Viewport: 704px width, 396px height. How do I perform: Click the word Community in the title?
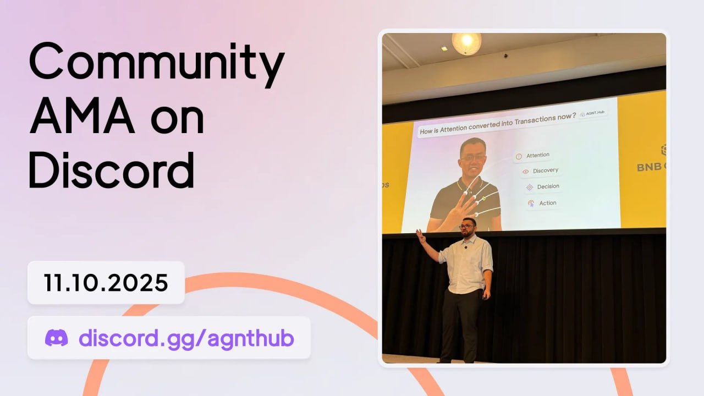pyautogui.click(x=157, y=64)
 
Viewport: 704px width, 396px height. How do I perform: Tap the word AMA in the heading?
pyautogui.click(x=82, y=116)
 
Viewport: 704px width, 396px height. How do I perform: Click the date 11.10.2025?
pyautogui.click(x=106, y=283)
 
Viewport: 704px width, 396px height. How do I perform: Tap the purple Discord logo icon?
pyautogui.click(x=57, y=338)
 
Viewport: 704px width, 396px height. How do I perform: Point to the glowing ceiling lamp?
pyautogui.click(x=466, y=43)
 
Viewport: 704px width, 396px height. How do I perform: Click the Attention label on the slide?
pyautogui.click(x=538, y=155)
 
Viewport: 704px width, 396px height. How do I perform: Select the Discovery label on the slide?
pyautogui.click(x=546, y=170)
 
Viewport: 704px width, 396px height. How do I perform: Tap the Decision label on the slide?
pyautogui.click(x=548, y=186)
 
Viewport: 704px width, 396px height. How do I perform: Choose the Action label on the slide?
pyautogui.click(x=548, y=203)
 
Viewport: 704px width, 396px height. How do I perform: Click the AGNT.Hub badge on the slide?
pyautogui.click(x=592, y=113)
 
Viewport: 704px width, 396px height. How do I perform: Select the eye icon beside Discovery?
pyautogui.click(x=525, y=172)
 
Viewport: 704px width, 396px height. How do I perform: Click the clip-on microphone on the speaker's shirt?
pyautogui.click(x=466, y=248)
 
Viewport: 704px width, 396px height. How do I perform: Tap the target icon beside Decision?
pyautogui.click(x=530, y=188)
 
